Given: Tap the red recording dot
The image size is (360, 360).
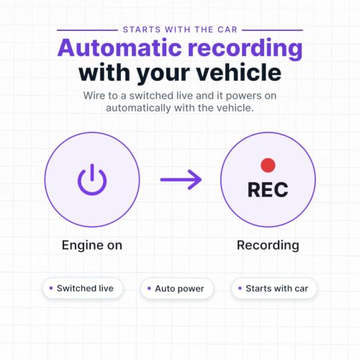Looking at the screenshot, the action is point(268,165).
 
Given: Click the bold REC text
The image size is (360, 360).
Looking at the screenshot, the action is point(268,189).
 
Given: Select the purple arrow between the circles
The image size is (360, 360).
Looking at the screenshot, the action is point(181,179).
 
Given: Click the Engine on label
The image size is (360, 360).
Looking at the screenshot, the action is point(92,246).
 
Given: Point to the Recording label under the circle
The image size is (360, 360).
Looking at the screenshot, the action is point(268,246).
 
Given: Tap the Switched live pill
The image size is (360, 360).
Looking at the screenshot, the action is point(83,288).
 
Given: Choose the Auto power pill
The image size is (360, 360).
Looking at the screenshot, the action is point(177,288).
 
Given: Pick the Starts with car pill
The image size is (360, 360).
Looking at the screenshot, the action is point(274,288).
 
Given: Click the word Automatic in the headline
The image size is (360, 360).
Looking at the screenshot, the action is point(120,48).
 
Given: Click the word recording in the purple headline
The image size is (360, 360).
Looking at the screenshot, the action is point(245,49).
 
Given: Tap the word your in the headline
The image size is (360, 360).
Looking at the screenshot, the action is point(163,74).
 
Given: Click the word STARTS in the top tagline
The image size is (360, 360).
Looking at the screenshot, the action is point(142,30).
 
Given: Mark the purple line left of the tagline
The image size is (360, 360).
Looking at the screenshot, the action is point(87,30).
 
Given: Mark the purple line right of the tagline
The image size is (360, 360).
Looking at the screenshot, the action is point(272,30).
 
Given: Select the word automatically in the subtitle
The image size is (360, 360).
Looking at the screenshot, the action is point(138,108).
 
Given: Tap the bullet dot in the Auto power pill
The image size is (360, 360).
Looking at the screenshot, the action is point(149,288).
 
